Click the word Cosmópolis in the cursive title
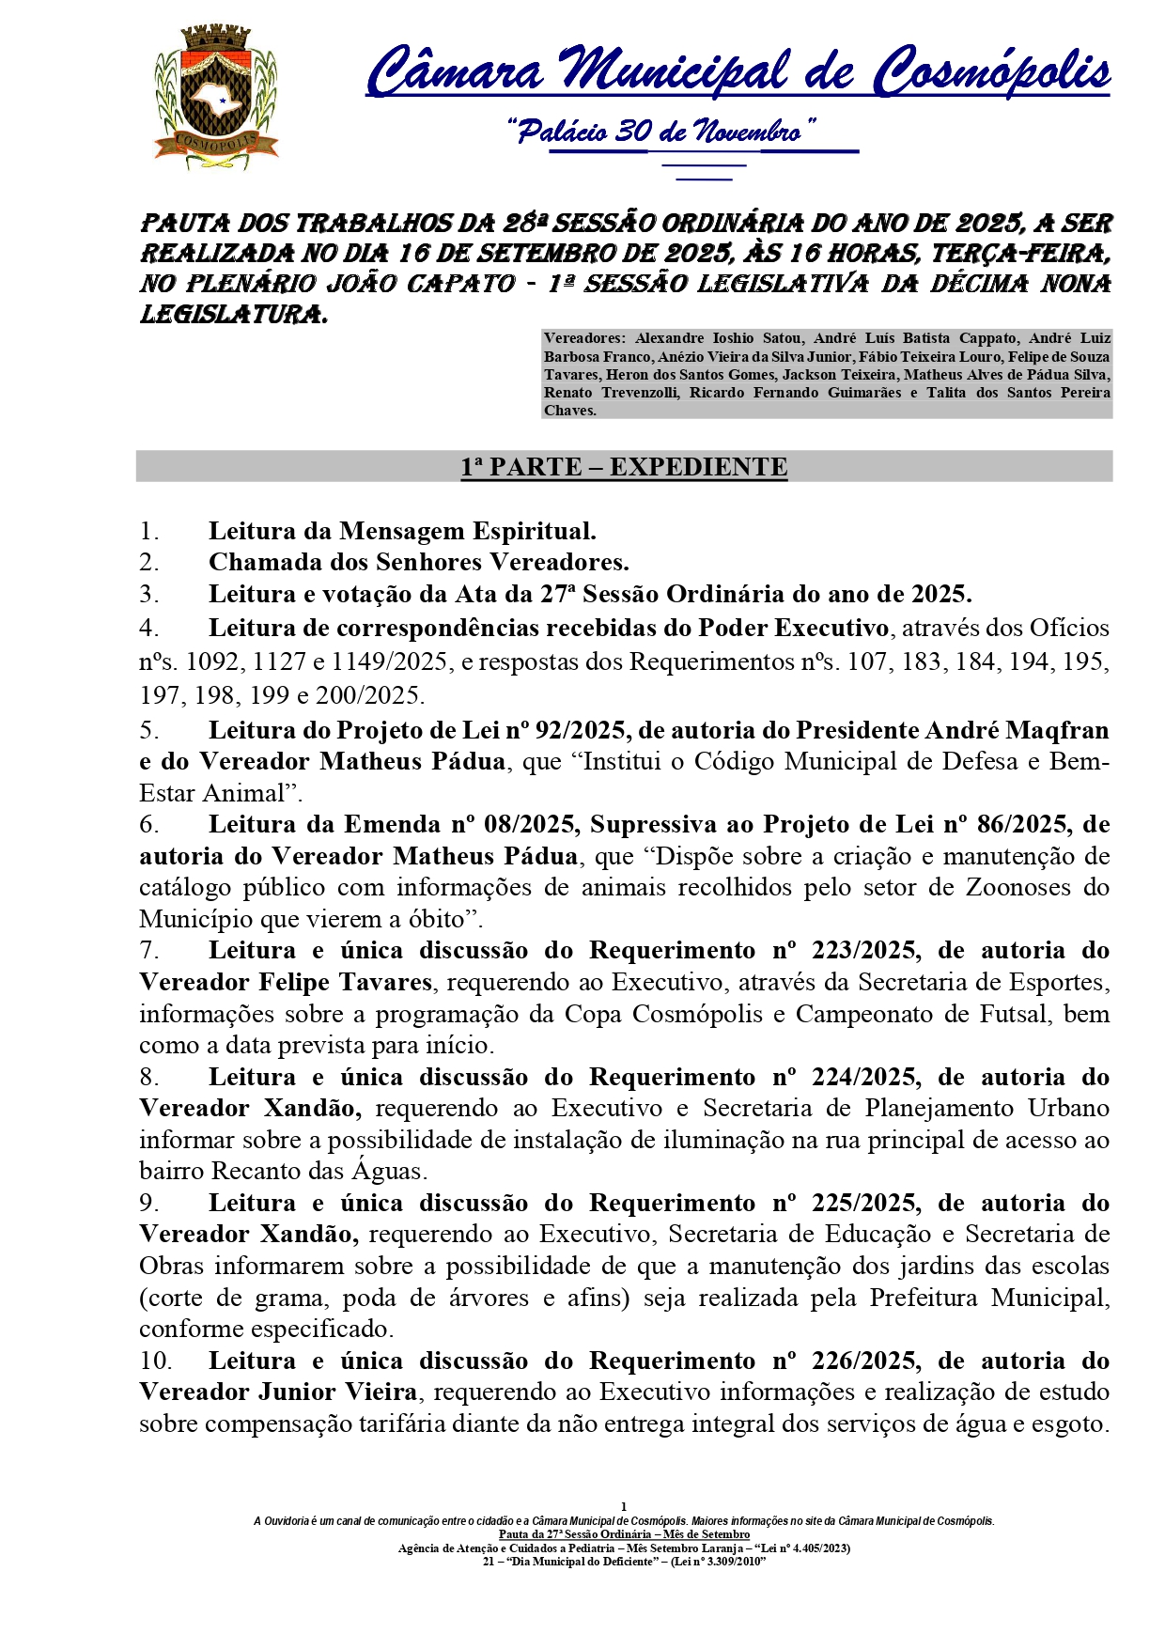click(992, 72)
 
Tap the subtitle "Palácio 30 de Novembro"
click(661, 132)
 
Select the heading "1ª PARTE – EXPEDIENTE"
click(624, 467)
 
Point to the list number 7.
click(149, 950)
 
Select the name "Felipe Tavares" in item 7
click(345, 982)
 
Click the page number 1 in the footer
click(624, 1506)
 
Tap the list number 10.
click(156, 1361)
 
